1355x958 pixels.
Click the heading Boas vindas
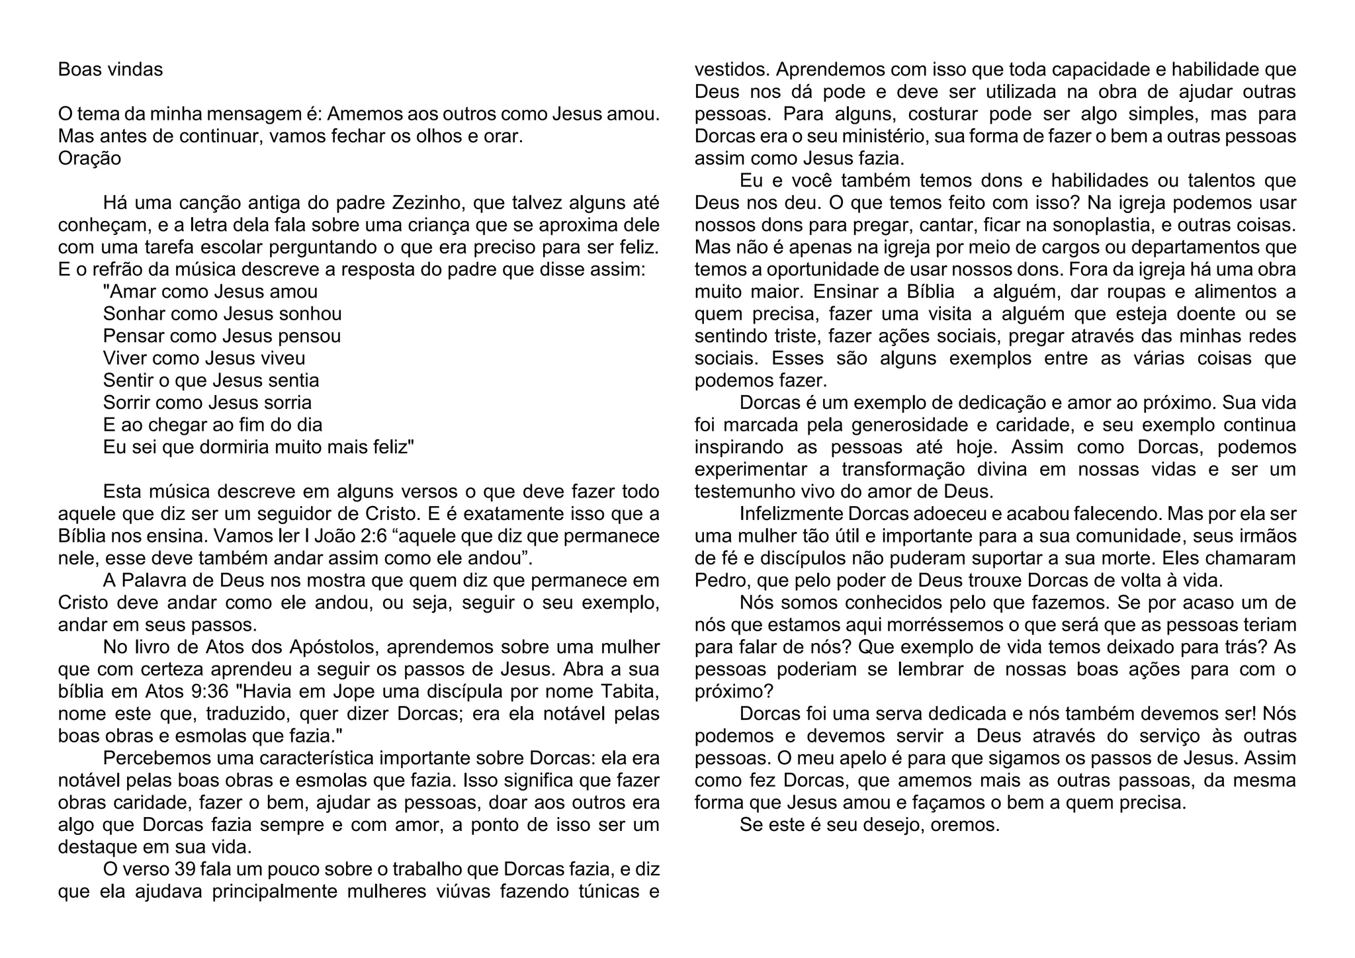click(110, 69)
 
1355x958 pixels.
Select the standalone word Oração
click(89, 159)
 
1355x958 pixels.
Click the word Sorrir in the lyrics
click(126, 402)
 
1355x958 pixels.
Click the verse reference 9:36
click(207, 691)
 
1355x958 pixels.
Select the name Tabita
click(629, 691)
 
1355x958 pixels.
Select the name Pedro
click(722, 580)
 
